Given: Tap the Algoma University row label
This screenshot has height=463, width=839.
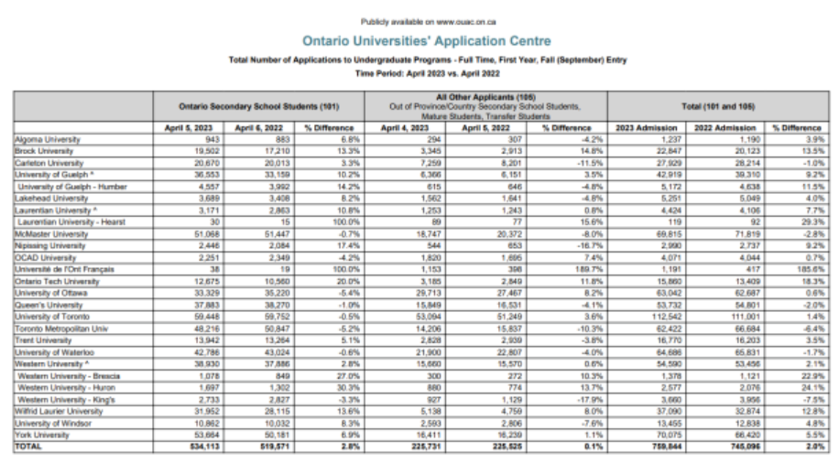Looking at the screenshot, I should [47, 139].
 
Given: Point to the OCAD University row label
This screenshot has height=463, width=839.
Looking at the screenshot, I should [43, 258].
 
